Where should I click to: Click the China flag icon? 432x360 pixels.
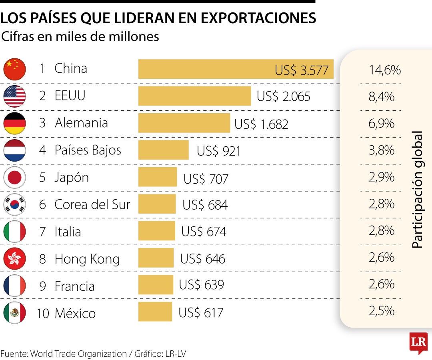(x=14, y=69)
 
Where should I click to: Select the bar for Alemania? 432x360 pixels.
(x=184, y=123)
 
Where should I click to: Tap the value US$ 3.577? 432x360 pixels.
(x=302, y=70)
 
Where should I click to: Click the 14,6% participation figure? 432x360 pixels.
(x=384, y=70)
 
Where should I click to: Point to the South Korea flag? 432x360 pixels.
(x=14, y=204)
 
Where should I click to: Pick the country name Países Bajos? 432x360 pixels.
(x=88, y=150)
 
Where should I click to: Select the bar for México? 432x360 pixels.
(x=155, y=312)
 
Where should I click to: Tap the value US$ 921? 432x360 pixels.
(x=219, y=151)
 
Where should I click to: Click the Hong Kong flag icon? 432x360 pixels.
(x=14, y=259)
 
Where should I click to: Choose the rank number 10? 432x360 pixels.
(x=43, y=313)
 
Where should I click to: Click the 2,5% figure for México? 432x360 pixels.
(x=381, y=310)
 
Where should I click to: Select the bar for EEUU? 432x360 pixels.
(x=194, y=96)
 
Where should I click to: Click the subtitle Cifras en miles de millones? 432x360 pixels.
(x=80, y=36)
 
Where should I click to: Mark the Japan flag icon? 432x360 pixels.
(x=14, y=177)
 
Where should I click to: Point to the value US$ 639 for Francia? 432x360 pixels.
(x=201, y=285)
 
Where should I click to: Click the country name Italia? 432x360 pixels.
(x=68, y=232)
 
